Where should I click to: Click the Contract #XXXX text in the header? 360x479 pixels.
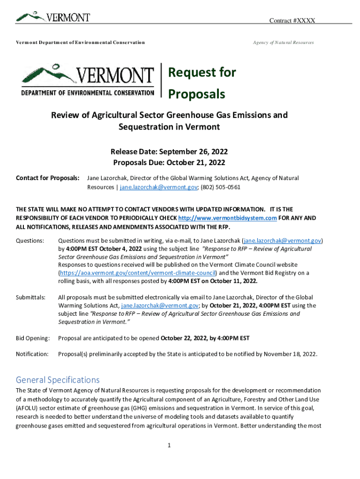(292, 21)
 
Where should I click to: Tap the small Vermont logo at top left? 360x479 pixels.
(53, 17)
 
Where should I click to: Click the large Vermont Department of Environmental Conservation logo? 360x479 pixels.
(87, 80)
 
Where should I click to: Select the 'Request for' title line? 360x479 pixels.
(202, 73)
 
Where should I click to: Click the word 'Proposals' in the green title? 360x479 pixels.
(196, 94)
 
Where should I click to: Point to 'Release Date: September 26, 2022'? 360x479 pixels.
(169, 152)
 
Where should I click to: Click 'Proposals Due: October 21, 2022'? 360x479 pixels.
(169, 163)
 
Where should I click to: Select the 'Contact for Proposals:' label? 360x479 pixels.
(48, 178)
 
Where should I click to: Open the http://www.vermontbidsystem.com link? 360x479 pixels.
(228, 218)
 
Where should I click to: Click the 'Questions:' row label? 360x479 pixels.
(30, 240)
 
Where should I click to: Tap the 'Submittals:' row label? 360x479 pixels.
(31, 298)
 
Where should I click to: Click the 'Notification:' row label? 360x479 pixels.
(32, 354)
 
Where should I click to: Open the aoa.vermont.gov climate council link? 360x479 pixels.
(137, 273)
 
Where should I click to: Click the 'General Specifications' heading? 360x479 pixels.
(58, 379)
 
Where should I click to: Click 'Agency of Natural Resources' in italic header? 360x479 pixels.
(283, 43)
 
